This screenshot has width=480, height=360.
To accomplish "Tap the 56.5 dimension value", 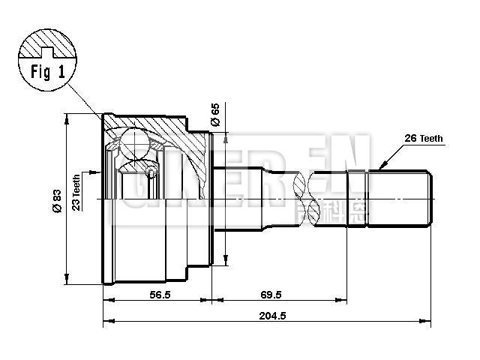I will (x=159, y=295).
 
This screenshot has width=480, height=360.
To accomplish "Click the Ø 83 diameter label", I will (x=57, y=201).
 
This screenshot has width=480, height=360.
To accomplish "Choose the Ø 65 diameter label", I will (x=215, y=115).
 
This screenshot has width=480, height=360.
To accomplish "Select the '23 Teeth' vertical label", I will (x=76, y=193).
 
